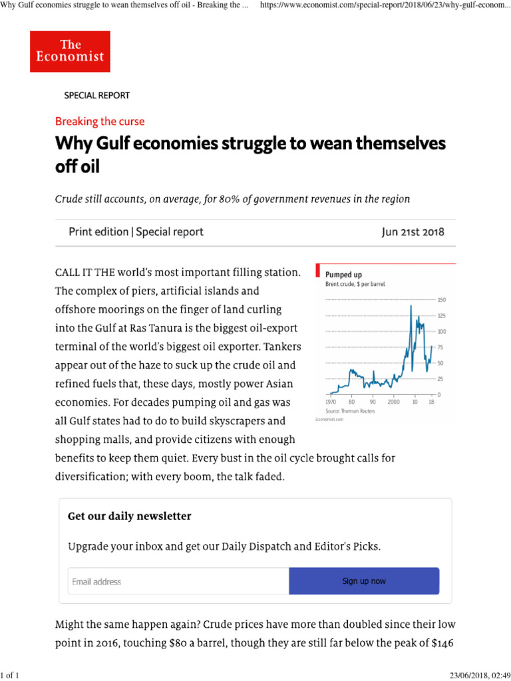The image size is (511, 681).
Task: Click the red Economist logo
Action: tap(70, 51)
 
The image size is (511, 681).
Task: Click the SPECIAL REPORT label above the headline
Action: tap(96, 95)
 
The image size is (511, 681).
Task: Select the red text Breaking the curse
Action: tap(100, 122)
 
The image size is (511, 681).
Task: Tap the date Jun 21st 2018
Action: tap(413, 232)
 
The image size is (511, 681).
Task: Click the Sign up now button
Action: tap(364, 581)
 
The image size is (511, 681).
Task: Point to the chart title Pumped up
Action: tap(343, 274)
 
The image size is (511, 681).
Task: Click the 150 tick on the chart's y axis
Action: tap(441, 300)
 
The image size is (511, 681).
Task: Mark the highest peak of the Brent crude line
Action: tap(411, 305)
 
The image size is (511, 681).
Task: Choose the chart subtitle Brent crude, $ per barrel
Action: tap(355, 284)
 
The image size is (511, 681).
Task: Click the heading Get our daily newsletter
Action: tap(130, 517)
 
